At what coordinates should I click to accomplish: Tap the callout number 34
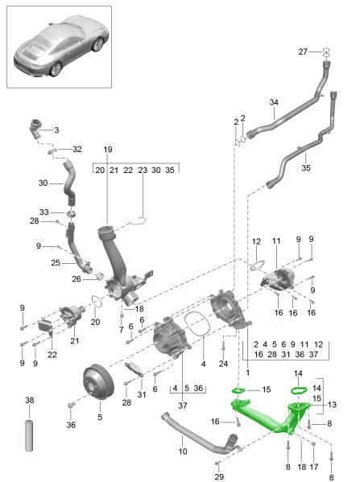274,103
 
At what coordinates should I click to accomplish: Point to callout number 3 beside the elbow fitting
56,130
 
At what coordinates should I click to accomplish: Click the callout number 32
77,149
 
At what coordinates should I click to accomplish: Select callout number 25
55,262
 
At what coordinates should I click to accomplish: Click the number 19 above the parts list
108,149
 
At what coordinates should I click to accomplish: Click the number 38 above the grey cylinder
30,400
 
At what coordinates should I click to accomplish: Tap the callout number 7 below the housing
120,329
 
